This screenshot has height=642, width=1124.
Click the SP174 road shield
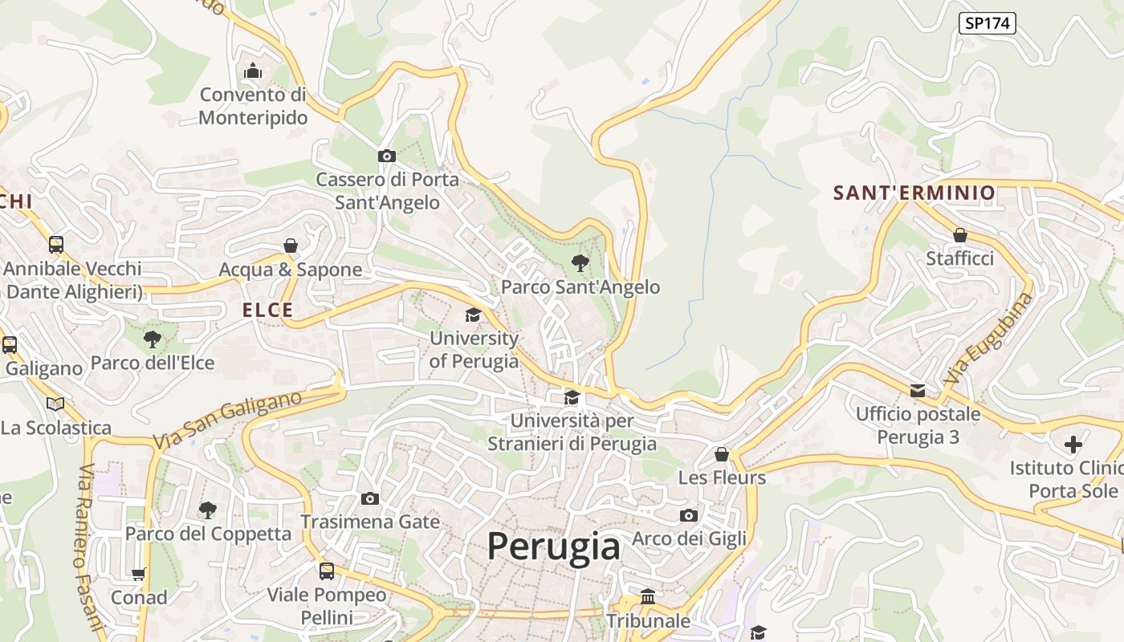pyautogui.click(x=987, y=23)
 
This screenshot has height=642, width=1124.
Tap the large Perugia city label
pyautogui.click(x=553, y=547)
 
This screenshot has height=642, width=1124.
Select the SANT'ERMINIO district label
pyautogui.click(x=914, y=193)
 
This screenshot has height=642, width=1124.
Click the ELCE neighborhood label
pyautogui.click(x=268, y=311)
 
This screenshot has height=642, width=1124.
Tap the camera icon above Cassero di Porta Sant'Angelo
pyautogui.click(x=386, y=156)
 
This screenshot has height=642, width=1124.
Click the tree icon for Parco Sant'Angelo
pyautogui.click(x=580, y=262)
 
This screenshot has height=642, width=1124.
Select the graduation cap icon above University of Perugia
pyautogui.click(x=473, y=315)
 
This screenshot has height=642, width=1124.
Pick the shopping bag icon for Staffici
pyautogui.click(x=959, y=235)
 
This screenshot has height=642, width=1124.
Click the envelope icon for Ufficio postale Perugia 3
pyautogui.click(x=917, y=391)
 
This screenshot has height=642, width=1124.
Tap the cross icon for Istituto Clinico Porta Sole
pyautogui.click(x=1073, y=444)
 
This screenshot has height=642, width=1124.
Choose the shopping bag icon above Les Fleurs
pyautogui.click(x=722, y=454)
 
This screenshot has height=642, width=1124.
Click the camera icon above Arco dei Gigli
pyautogui.click(x=688, y=515)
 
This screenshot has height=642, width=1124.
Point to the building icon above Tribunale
pyautogui.click(x=647, y=596)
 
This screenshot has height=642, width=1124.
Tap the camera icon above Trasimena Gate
pyautogui.click(x=369, y=498)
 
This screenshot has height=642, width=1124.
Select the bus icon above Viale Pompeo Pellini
pyautogui.click(x=326, y=571)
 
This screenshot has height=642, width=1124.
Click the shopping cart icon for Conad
pyautogui.click(x=139, y=574)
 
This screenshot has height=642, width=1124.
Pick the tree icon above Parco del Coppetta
pyautogui.click(x=207, y=510)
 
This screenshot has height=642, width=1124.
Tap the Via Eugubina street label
pyautogui.click(x=988, y=338)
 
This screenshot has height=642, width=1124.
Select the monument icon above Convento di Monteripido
pyautogui.click(x=253, y=71)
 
